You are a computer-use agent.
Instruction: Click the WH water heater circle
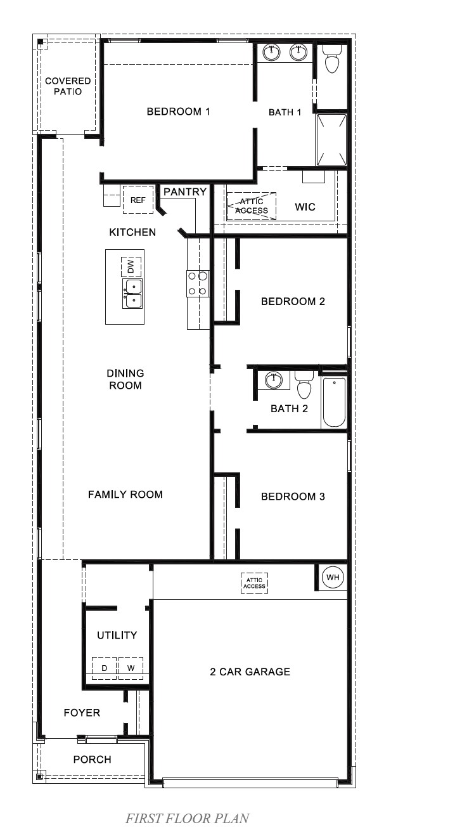332,578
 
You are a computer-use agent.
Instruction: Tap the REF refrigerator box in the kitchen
138,200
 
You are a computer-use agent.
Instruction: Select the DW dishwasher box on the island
131,266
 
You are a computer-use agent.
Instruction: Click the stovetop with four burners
198,283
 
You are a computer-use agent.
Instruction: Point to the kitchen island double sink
133,294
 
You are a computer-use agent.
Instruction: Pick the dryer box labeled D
105,668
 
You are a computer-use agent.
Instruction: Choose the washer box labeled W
131,668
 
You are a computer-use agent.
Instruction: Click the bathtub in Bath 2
334,402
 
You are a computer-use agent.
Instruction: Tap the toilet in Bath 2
305,384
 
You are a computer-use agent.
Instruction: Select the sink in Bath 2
274,380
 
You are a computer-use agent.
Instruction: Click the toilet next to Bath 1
331,60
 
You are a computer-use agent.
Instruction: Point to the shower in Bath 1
331,139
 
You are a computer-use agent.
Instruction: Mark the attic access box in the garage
254,583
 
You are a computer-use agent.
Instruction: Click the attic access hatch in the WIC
252,206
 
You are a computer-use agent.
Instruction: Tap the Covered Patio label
68,86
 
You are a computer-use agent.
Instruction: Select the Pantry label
185,192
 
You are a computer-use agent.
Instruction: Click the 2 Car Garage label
250,672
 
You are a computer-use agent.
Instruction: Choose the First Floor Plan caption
187,819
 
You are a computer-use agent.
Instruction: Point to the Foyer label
82,713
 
